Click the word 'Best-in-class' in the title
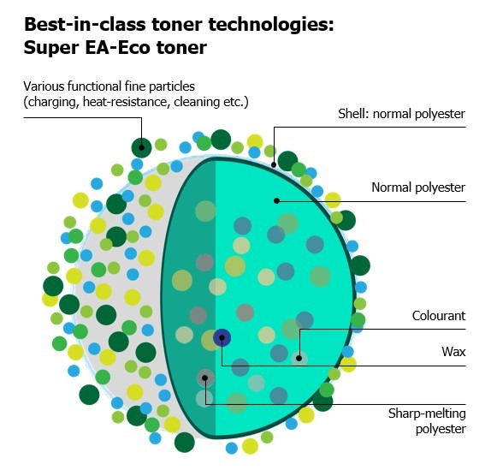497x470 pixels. pos(85,25)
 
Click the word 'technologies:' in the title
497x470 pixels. pos(271,26)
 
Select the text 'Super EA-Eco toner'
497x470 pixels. pos(115,48)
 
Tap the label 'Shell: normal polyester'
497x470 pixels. pos(401,114)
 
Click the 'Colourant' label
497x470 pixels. pos(439,316)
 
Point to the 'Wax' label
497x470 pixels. pos(453,352)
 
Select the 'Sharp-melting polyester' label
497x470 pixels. pos(427,421)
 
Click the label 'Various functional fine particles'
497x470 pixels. pos(109,86)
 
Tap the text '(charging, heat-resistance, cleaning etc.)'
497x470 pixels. pos(136,102)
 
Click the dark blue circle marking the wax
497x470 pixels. pos(222,338)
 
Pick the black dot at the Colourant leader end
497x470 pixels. pos(299,359)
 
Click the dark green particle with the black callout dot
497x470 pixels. pos(142,147)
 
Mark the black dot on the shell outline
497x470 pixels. pos(274,164)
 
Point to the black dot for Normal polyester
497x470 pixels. pos(276,200)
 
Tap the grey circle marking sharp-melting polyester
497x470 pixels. pos(205,378)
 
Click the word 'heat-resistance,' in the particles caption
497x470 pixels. pos(125,102)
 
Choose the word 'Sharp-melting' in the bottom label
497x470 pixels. pos(427,413)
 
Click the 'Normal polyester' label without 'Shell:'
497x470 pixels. pos(418,187)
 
